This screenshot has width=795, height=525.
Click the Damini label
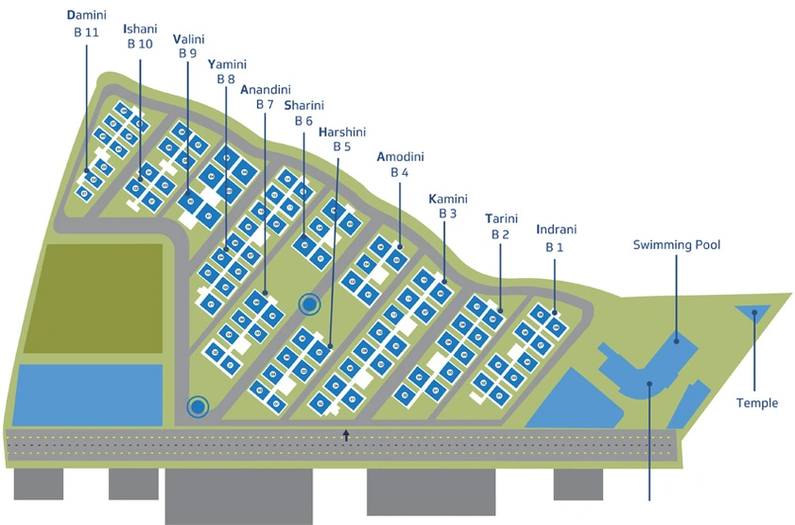click(87, 15)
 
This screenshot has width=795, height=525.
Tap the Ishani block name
click(141, 29)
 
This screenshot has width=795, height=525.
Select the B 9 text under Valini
click(187, 53)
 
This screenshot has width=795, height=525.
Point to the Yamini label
click(227, 64)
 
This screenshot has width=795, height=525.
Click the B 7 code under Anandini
click(265, 104)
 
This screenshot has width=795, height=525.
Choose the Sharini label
click(304, 106)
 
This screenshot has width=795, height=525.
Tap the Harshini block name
click(342, 132)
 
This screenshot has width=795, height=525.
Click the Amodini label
click(401, 157)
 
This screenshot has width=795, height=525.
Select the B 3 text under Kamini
click(448, 214)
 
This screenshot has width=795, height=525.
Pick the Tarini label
click(501, 219)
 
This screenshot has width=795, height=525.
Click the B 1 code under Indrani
click(555, 247)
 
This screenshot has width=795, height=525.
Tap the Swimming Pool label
click(677, 245)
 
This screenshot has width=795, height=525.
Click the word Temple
click(757, 403)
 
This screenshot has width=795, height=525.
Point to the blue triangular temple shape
click(752, 310)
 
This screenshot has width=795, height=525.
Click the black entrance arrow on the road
click(346, 435)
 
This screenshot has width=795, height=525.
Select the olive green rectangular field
click(95, 299)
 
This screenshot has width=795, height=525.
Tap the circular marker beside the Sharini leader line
click(310, 305)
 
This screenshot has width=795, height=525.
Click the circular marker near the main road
click(198, 407)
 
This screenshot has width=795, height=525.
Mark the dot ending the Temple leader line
click(754, 313)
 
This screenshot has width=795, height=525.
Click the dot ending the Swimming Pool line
click(676, 341)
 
